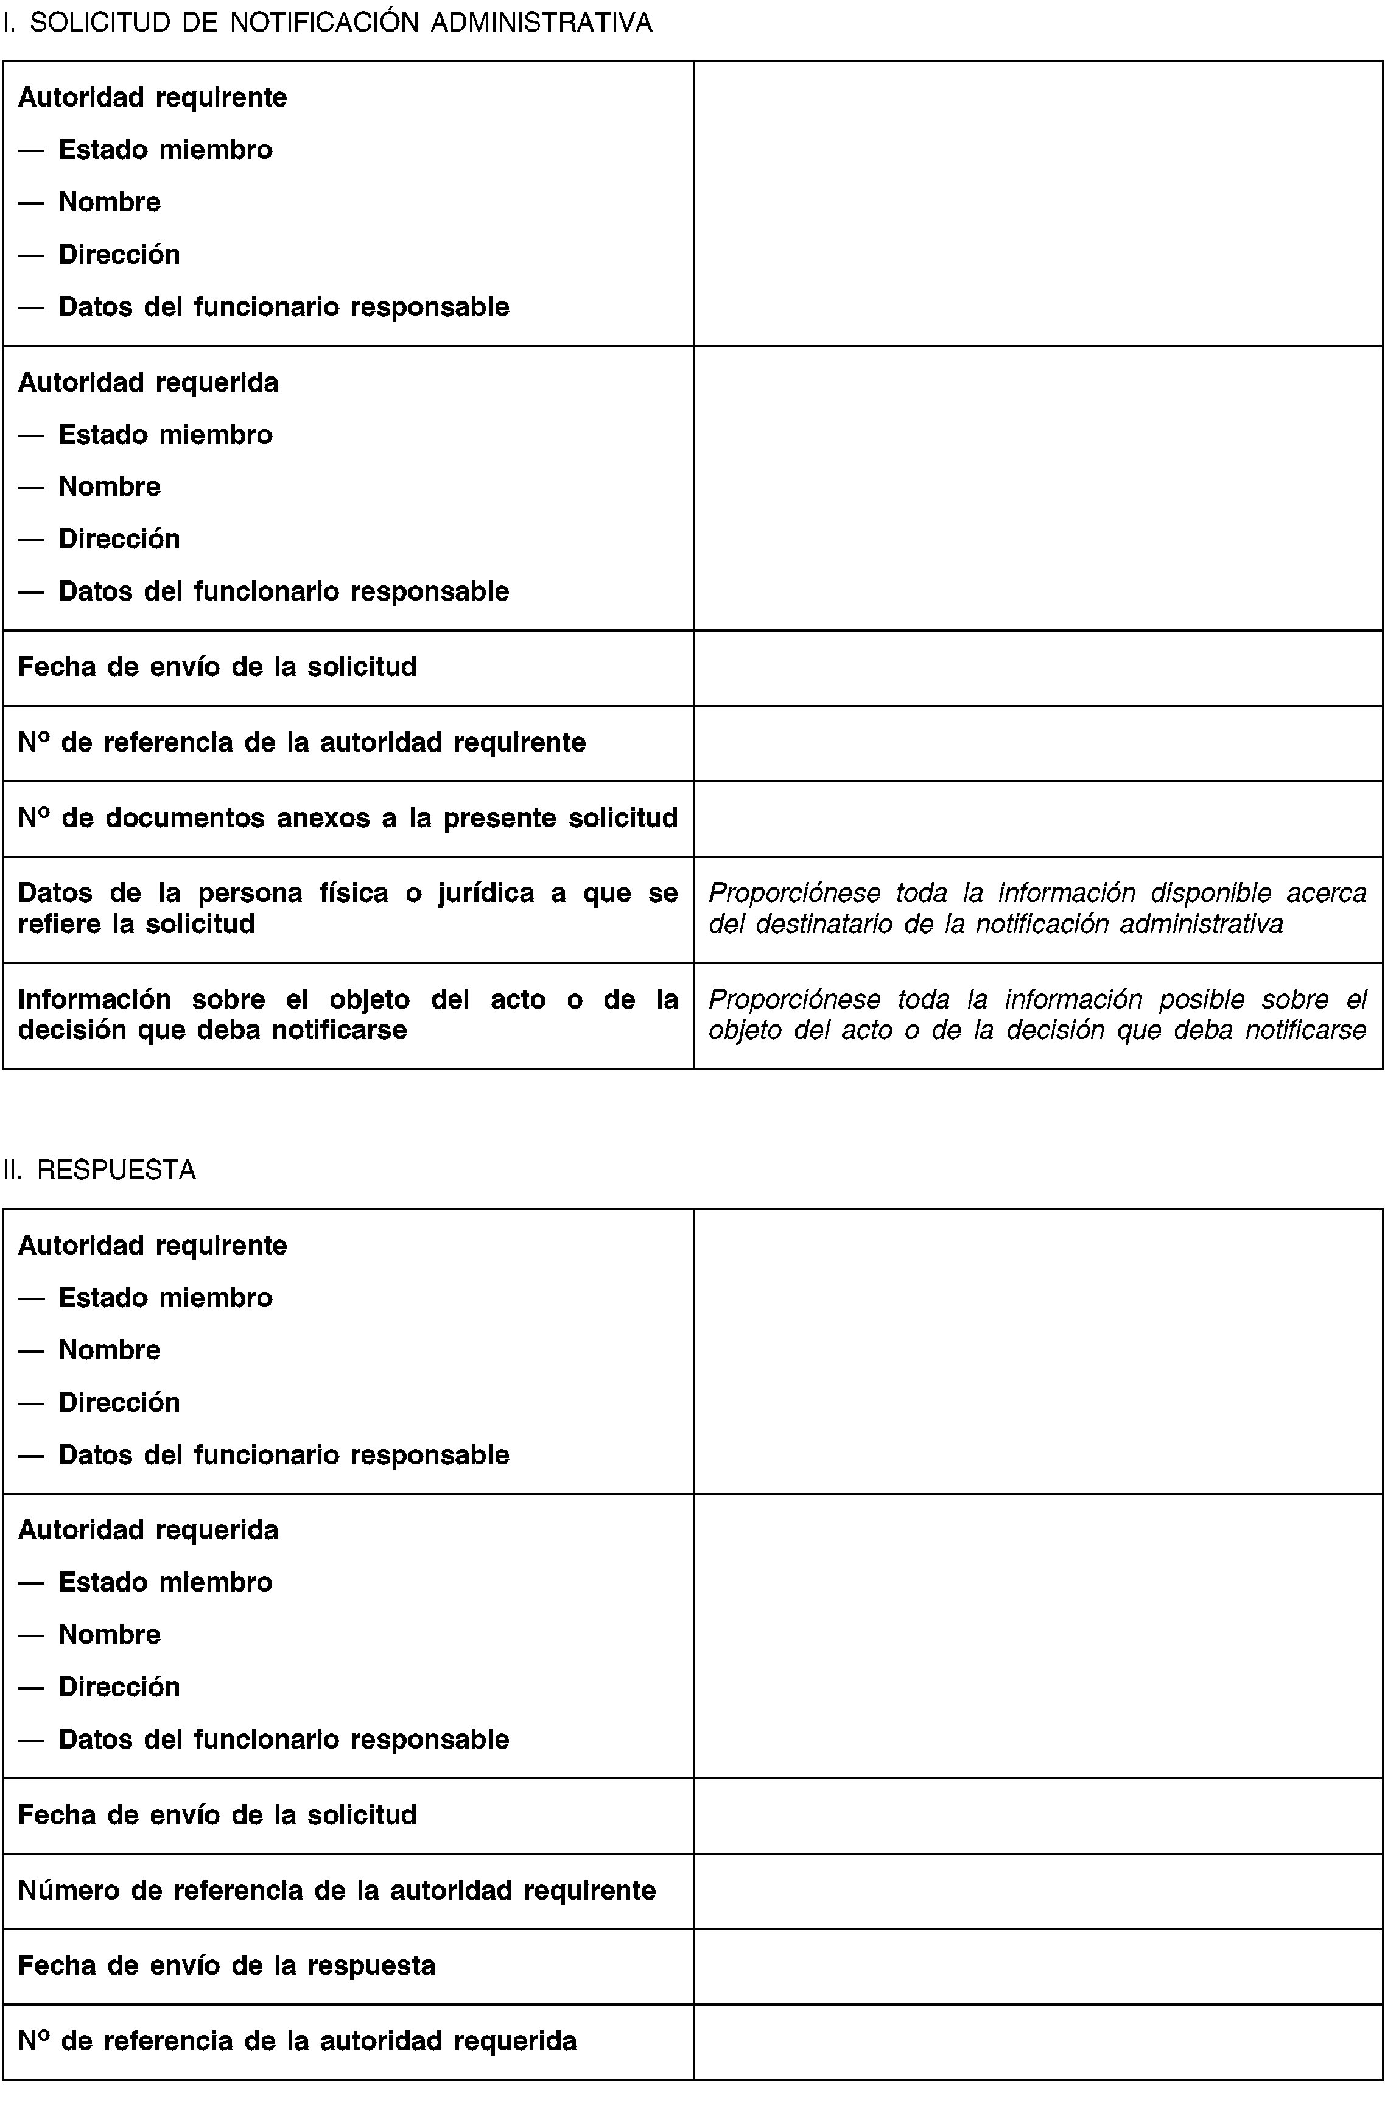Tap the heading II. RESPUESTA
(99, 1170)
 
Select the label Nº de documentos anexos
(347, 817)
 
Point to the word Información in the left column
(94, 999)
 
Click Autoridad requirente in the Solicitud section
(152, 97)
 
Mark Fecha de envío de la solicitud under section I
(217, 667)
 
